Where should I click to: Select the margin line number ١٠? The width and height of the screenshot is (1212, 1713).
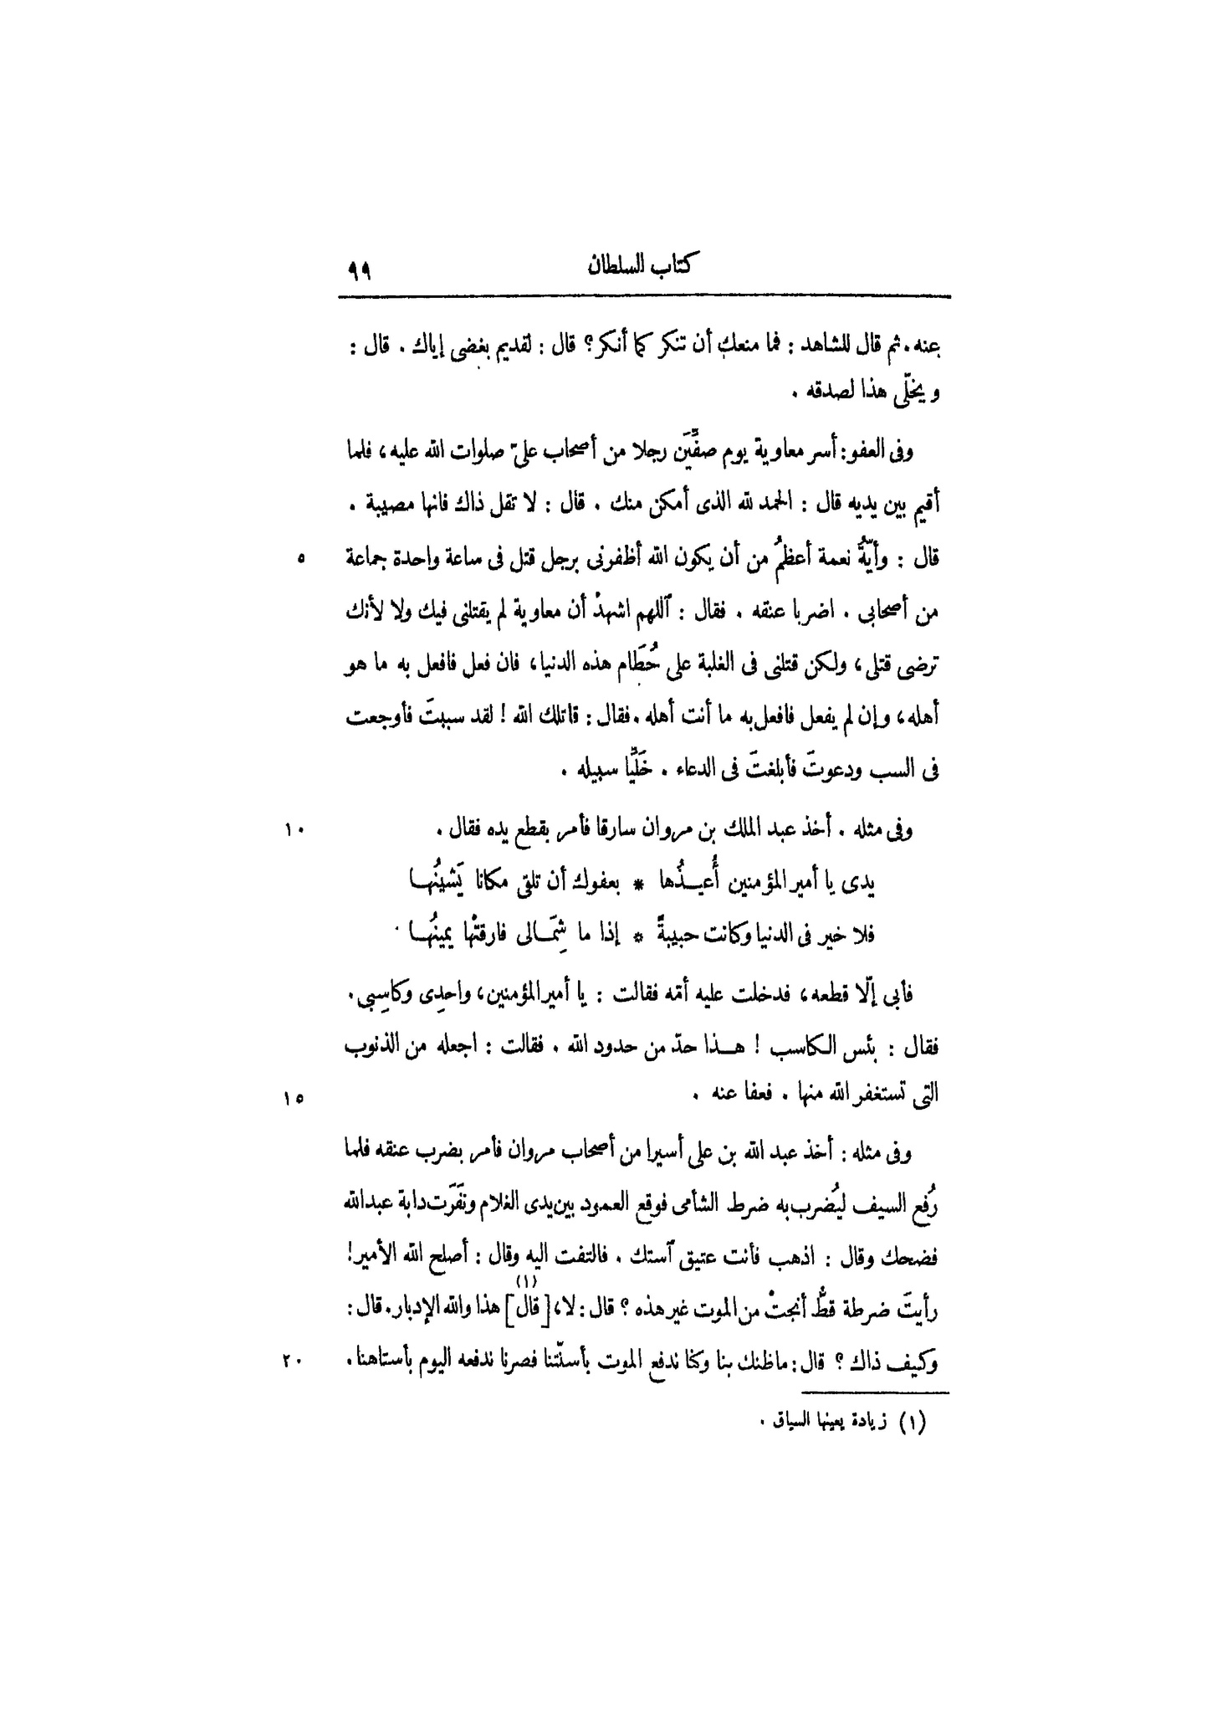pyautogui.click(x=294, y=830)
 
